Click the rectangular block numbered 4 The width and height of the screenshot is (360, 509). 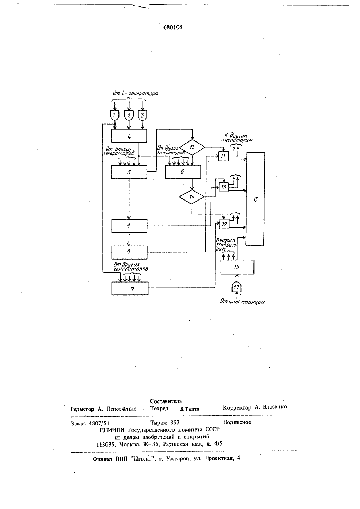(x=129, y=136)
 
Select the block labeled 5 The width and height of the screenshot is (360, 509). (x=129, y=172)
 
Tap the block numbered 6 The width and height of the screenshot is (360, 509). (x=183, y=172)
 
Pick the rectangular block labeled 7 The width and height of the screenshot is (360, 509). (x=130, y=288)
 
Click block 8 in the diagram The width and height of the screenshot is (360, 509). (x=129, y=226)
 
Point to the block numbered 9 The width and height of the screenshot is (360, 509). (x=129, y=252)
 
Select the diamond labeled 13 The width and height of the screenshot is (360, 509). (x=192, y=147)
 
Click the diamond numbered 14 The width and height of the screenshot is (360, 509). (x=192, y=197)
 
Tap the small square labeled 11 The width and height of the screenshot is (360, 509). (x=224, y=156)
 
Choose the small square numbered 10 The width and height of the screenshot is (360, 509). (x=224, y=187)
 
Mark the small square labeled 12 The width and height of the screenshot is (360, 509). (x=224, y=224)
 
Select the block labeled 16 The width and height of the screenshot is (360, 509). (x=237, y=267)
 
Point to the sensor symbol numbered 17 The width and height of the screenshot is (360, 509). (x=237, y=288)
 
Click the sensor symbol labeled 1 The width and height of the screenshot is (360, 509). (x=114, y=115)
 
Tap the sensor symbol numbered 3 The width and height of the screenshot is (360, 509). (x=143, y=115)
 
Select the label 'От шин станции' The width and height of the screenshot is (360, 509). (x=242, y=302)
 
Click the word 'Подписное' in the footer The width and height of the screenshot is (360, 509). (x=237, y=422)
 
